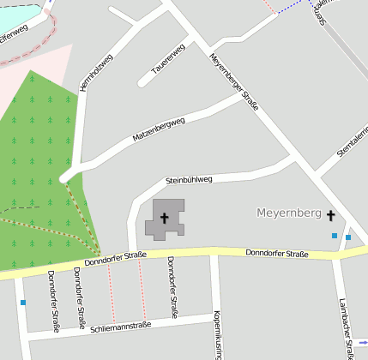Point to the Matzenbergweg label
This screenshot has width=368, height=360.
click(159, 129)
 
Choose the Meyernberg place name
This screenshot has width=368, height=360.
click(288, 212)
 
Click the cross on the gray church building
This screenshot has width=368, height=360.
click(164, 219)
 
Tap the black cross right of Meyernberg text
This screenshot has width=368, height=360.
click(330, 215)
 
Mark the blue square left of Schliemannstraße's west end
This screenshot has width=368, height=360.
click(22, 303)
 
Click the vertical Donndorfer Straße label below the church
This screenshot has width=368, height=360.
click(172, 287)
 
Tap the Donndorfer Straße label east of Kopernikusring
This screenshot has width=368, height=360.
click(276, 254)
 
